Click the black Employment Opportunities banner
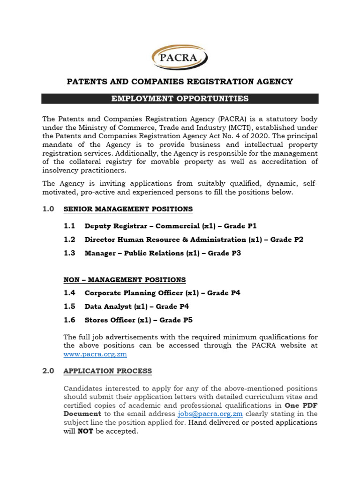point(180,98)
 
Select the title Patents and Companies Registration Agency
point(180,82)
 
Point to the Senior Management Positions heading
point(128,209)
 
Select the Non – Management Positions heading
point(125,280)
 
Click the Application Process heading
point(108,371)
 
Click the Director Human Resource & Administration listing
point(194,240)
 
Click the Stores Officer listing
point(138,320)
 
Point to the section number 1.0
point(49,209)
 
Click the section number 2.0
point(49,371)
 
